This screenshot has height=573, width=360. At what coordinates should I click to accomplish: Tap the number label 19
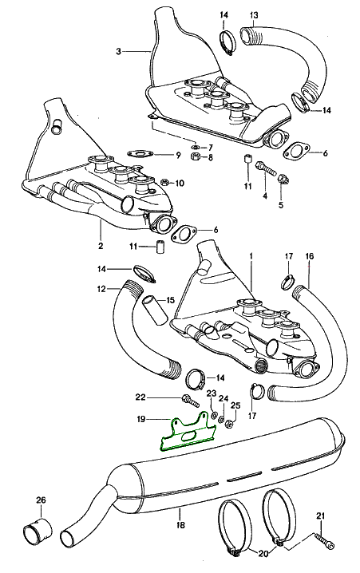click(x=141, y=419)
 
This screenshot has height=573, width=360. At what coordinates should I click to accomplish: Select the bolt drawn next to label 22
click(x=190, y=401)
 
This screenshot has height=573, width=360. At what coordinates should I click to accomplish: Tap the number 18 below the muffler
click(x=180, y=525)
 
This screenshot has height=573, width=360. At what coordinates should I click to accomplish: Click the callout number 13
click(x=254, y=15)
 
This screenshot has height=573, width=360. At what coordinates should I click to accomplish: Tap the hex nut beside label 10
click(x=164, y=182)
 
